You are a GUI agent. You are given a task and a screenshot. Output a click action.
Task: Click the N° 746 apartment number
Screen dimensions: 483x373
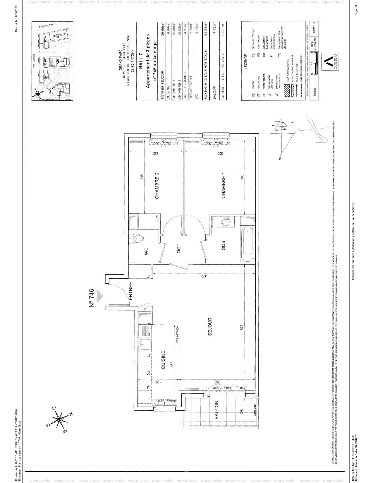(x=91, y=299)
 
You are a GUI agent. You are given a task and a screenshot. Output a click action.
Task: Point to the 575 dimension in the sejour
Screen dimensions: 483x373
(x=242, y=327)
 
